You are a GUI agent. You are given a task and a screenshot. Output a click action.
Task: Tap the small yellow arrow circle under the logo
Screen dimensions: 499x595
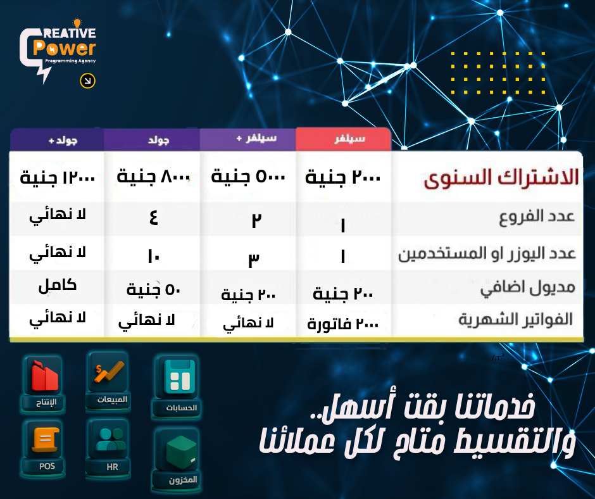(x=87, y=81)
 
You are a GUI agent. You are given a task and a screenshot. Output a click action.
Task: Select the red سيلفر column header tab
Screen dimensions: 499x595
(x=343, y=139)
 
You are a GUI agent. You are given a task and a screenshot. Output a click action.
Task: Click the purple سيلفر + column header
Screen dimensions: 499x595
(x=247, y=139)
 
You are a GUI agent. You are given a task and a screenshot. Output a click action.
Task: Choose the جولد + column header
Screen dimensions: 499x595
(x=57, y=139)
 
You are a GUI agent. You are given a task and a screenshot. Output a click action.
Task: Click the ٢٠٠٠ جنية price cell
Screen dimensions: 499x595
(x=343, y=177)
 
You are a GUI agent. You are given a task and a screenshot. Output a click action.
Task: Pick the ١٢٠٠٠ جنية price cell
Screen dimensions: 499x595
(x=57, y=177)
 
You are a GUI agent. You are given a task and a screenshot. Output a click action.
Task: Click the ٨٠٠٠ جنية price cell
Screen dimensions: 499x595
(x=153, y=177)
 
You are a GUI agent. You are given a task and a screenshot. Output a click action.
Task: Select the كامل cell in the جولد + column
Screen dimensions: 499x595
(x=57, y=285)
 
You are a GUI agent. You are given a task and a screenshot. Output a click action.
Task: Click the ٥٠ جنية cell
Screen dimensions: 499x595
(x=152, y=290)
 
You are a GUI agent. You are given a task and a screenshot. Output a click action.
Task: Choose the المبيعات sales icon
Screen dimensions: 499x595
(x=108, y=380)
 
